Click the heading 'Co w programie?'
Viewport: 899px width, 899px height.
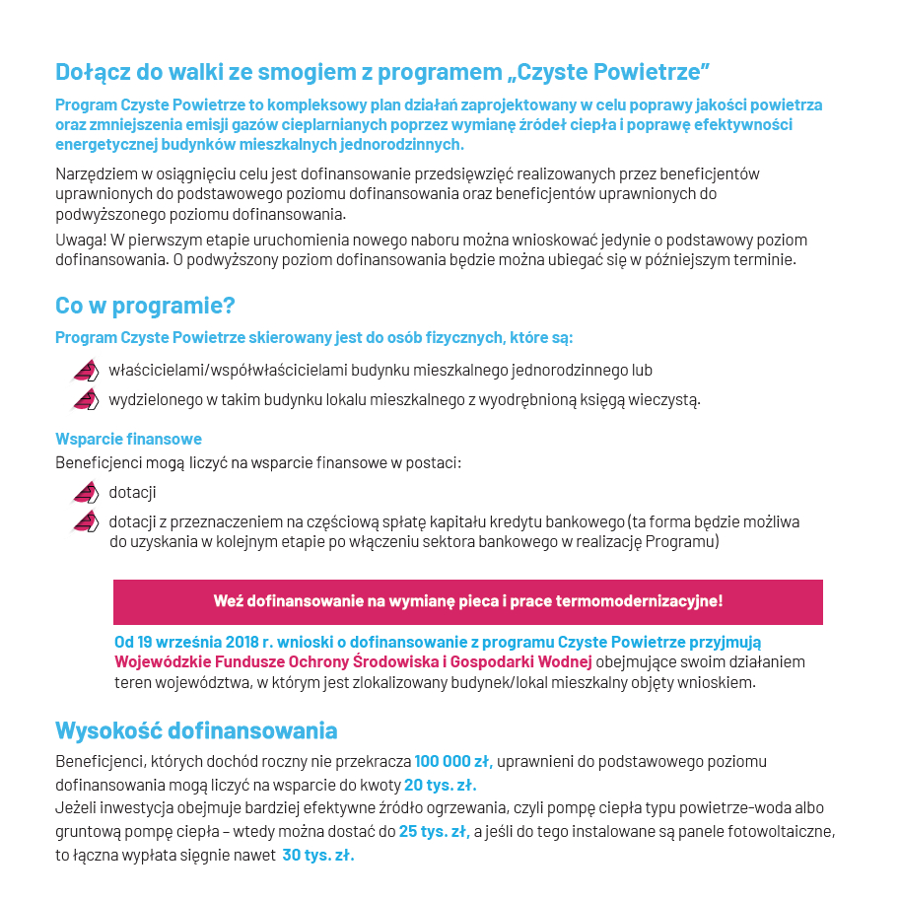click(145, 306)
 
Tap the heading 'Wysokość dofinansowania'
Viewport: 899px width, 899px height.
click(196, 730)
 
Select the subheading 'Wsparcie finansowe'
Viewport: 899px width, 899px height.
click(128, 439)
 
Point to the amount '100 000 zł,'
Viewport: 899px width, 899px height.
click(452, 761)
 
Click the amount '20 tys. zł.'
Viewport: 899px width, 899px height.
click(441, 786)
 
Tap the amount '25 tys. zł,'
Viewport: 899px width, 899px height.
click(434, 831)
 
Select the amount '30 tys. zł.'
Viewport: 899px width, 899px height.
click(317, 855)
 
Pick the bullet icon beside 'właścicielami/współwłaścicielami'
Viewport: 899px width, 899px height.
click(86, 371)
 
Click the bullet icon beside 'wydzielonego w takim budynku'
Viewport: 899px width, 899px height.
click(86, 399)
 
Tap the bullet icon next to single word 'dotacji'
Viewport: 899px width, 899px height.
click(86, 492)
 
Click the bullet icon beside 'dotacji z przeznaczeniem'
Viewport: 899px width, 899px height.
click(86, 521)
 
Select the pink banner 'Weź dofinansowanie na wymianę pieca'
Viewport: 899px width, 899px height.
click(467, 600)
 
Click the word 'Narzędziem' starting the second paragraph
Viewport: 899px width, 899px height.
click(95, 173)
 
